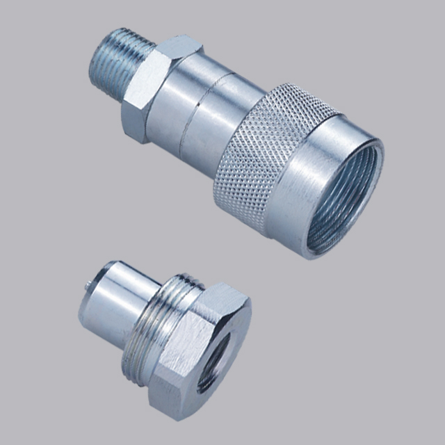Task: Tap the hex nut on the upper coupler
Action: [x=146, y=90]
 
